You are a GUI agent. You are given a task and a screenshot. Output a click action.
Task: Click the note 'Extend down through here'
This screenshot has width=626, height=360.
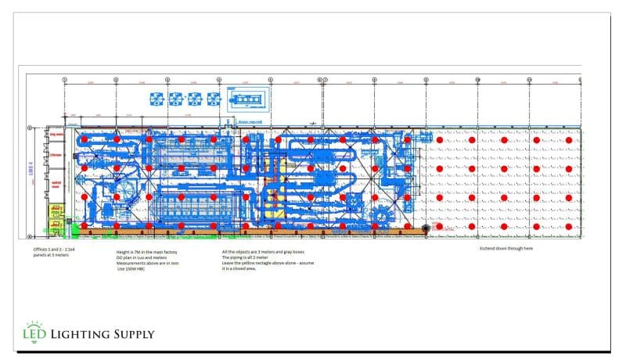coord(506,248)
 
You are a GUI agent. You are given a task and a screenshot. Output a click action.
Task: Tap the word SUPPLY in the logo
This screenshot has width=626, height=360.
coord(132,335)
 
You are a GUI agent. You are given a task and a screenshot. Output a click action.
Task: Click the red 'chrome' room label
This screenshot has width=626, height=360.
coord(56,155)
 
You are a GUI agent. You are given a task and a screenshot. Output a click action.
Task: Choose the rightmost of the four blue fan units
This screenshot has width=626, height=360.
coord(213,99)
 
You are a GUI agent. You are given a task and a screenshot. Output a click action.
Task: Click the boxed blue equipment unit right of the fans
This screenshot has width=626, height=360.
coord(249,99)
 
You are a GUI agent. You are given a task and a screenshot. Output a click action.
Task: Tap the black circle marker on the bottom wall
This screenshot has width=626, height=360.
coord(426,229)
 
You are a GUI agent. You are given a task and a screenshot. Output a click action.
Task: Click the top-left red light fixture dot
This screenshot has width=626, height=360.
coord(85,139)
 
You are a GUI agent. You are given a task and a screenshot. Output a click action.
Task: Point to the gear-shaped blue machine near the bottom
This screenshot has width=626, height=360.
coord(383,216)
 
